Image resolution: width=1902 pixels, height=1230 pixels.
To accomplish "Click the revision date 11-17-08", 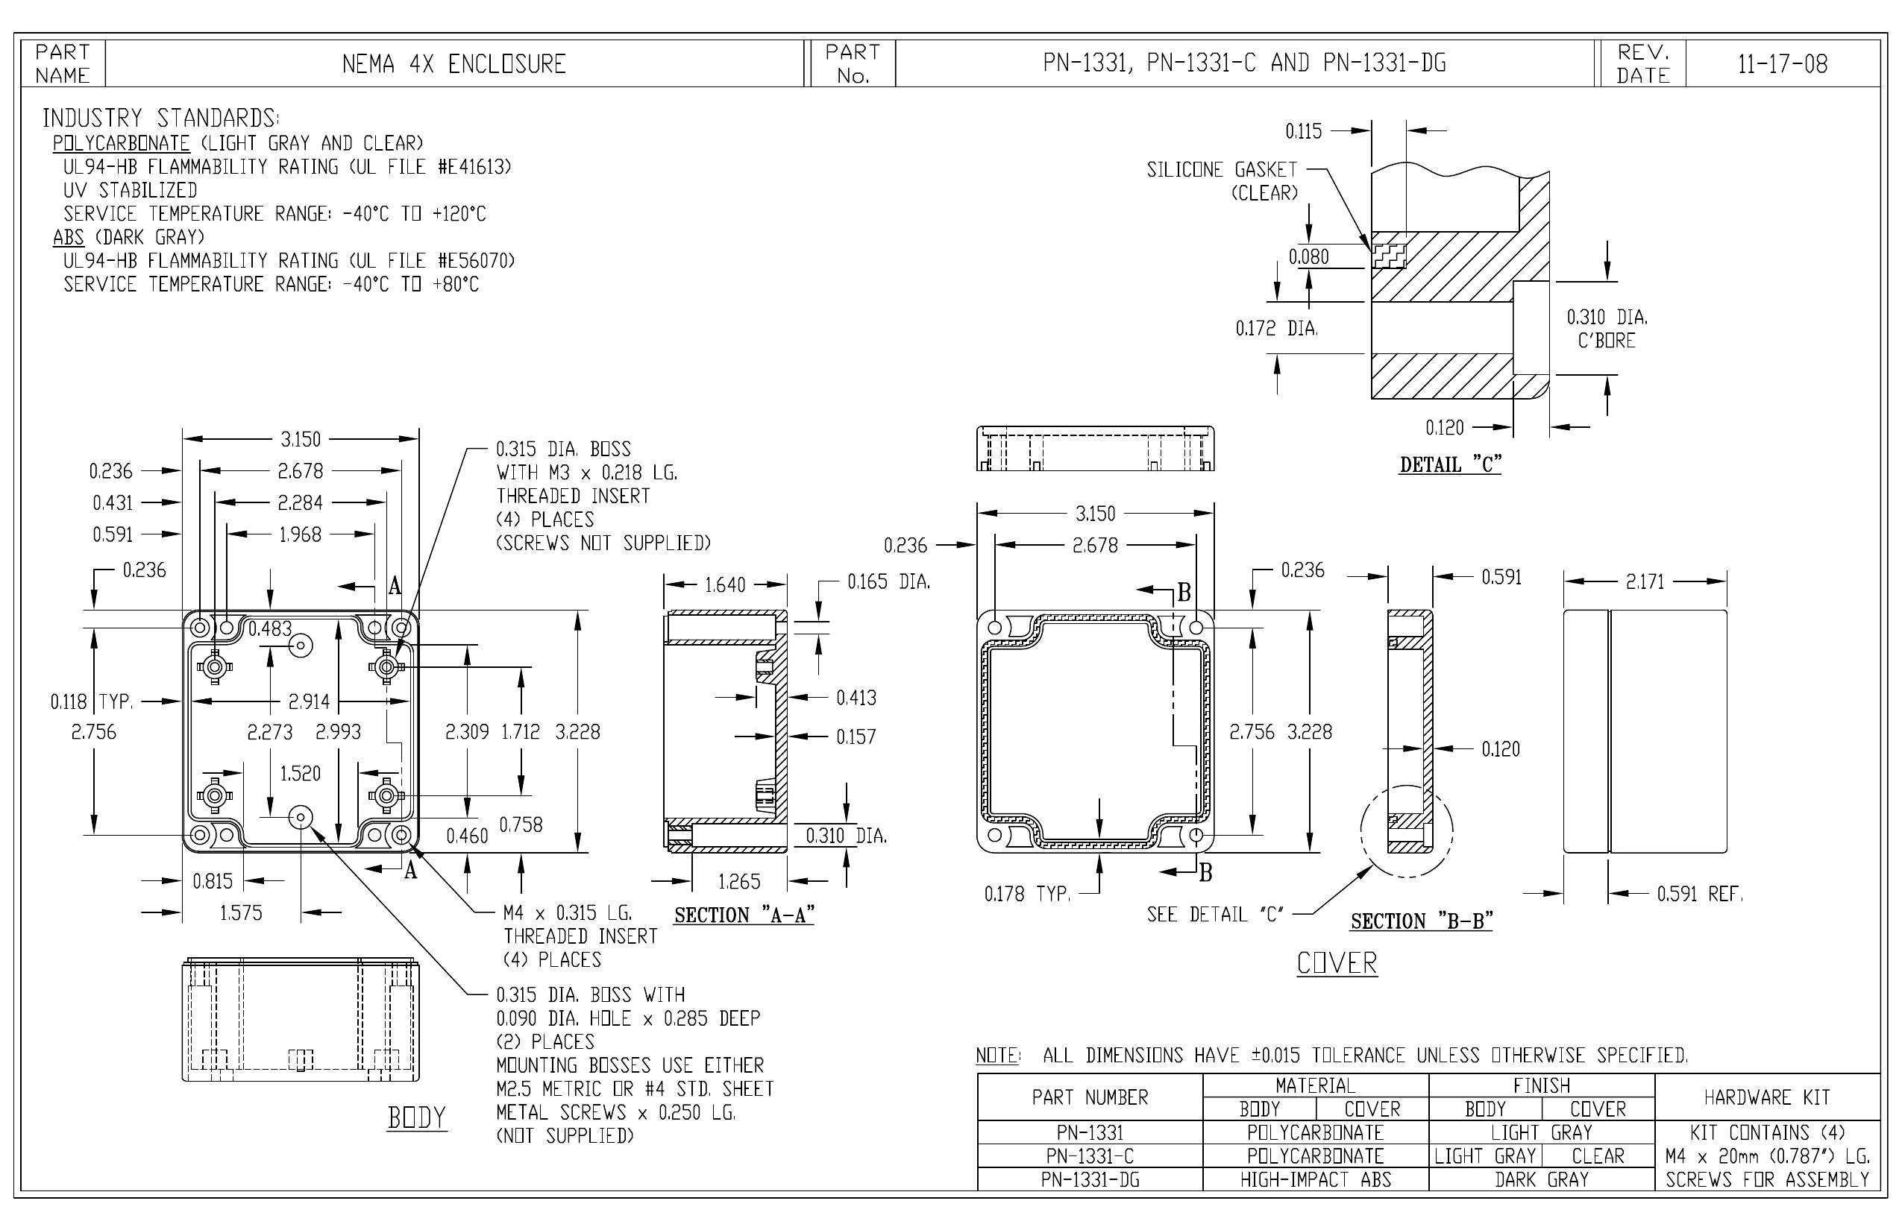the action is coord(1782,64).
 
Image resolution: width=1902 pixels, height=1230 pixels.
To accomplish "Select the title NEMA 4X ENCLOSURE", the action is coord(454,64).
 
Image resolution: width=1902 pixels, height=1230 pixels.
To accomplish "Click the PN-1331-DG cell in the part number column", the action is coord(1090,1179).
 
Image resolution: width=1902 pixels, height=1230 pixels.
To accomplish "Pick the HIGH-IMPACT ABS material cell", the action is coord(1316,1179).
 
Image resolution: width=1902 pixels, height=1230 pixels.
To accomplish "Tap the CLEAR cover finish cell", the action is coord(1598,1155).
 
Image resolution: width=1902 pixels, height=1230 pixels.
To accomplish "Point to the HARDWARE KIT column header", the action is coord(1767,1097).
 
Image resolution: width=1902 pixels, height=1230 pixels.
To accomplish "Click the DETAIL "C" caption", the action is coord(1451,464).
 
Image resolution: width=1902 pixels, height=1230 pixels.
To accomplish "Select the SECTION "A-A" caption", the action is coord(744,915).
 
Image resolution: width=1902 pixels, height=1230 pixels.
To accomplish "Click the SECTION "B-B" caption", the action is coord(1422,921).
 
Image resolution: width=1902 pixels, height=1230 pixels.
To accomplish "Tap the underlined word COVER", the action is coord(1337,963).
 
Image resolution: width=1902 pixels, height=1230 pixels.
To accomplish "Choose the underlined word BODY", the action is coord(416,1118).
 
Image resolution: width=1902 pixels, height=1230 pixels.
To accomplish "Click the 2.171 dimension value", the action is coord(1645,581).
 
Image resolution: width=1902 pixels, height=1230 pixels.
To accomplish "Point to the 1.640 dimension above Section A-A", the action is coord(725,584).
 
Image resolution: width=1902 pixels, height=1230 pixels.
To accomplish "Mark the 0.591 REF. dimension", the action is coord(1701,893).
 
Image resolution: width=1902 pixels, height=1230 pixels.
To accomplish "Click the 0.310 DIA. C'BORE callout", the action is coord(1607,328).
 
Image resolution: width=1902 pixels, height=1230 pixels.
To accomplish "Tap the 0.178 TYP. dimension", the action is coord(1027,894).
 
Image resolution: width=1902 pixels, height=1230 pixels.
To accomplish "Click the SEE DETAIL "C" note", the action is coord(1216,915).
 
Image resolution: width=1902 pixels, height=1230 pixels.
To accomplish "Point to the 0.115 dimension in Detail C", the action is coord(1304,131).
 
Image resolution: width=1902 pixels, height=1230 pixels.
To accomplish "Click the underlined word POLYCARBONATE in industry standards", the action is coord(122,144).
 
